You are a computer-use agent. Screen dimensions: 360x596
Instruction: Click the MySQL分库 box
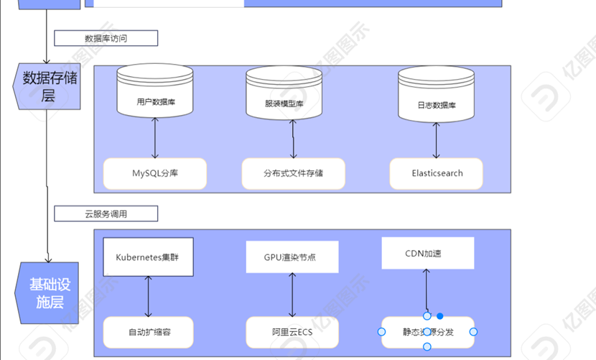pyautogui.click(x=155, y=173)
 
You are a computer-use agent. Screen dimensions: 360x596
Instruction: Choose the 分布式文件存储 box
pyautogui.click(x=293, y=173)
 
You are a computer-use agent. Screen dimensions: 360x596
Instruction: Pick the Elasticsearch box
pyautogui.click(x=437, y=173)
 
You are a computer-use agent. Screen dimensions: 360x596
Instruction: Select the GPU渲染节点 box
pyautogui.click(x=292, y=257)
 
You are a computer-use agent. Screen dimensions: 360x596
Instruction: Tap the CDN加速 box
pyautogui.click(x=427, y=254)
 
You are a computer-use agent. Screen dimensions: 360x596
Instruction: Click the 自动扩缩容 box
pyautogui.click(x=149, y=332)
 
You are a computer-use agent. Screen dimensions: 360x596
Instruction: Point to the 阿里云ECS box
pyautogui.click(x=292, y=332)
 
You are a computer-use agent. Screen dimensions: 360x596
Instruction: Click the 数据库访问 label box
pyautogui.click(x=106, y=38)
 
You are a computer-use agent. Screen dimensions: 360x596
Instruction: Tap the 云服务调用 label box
pyautogui.click(x=106, y=213)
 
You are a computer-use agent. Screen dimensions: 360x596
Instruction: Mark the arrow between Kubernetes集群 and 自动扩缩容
pyautogui.click(x=149, y=295)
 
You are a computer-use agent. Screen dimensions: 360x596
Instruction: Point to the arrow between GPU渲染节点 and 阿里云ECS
pyautogui.click(x=292, y=295)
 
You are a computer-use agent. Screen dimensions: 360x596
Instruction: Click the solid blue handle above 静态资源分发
pyautogui.click(x=440, y=316)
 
